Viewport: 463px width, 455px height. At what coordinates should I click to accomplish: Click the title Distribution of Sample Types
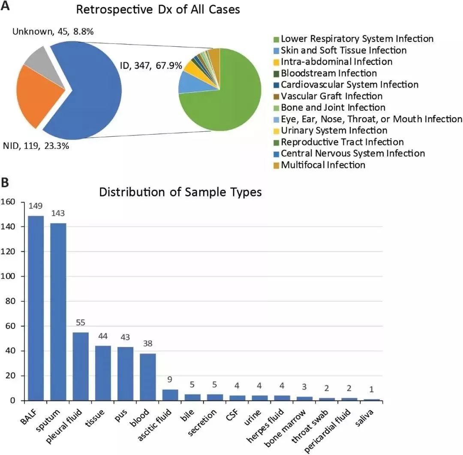tap(180, 192)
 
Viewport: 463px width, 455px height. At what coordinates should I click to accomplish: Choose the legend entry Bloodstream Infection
tap(329, 73)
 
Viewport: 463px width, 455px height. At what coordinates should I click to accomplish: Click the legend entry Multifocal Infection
tap(323, 165)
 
